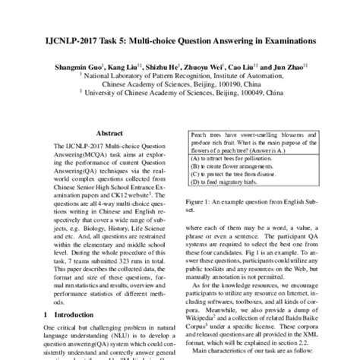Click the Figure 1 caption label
[x=201, y=201]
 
